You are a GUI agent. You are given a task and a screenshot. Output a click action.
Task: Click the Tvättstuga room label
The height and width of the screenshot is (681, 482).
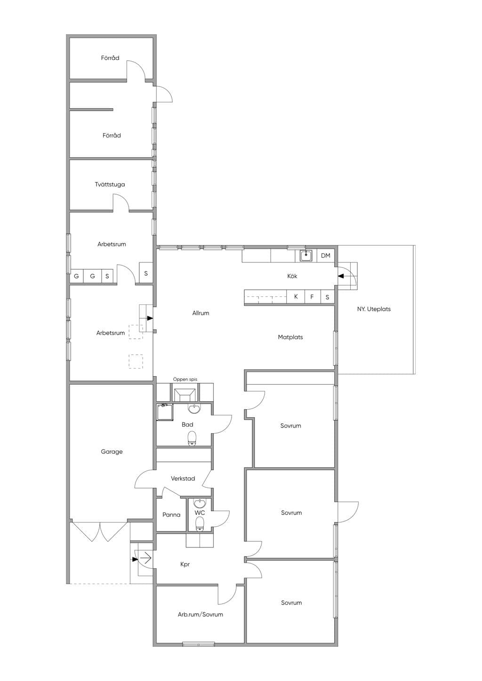tap(110, 184)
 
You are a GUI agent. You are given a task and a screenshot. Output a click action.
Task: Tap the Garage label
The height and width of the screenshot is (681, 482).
tap(112, 452)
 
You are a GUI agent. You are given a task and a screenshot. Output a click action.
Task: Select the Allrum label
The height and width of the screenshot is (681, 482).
tap(201, 313)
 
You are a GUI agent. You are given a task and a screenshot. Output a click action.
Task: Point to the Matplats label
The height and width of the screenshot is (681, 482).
tap(290, 337)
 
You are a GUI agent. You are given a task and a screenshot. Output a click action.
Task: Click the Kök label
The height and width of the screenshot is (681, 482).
tap(292, 276)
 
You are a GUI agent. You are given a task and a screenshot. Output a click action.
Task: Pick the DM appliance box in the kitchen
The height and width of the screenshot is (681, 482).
tap(326, 256)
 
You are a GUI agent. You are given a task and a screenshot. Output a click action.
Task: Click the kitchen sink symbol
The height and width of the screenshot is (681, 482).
tap(306, 256)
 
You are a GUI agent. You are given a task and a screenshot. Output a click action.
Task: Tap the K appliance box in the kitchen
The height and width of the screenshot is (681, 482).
tap(296, 296)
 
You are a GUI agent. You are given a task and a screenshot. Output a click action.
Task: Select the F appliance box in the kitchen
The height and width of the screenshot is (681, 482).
tap(312, 297)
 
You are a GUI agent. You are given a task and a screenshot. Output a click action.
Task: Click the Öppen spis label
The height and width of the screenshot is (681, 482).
tap(185, 380)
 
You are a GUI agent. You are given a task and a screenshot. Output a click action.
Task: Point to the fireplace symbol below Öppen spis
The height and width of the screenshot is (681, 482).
tap(185, 393)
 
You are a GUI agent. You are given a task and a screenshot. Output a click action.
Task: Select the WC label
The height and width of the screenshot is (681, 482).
tap(200, 513)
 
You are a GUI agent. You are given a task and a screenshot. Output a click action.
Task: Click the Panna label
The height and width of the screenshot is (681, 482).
tap(171, 515)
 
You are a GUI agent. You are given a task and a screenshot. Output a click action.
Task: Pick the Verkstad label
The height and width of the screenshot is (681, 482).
tap(183, 478)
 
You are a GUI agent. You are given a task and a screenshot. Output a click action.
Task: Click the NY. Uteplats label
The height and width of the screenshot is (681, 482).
tap(374, 309)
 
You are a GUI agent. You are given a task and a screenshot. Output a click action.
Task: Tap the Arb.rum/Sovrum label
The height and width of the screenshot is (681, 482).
tap(200, 614)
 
